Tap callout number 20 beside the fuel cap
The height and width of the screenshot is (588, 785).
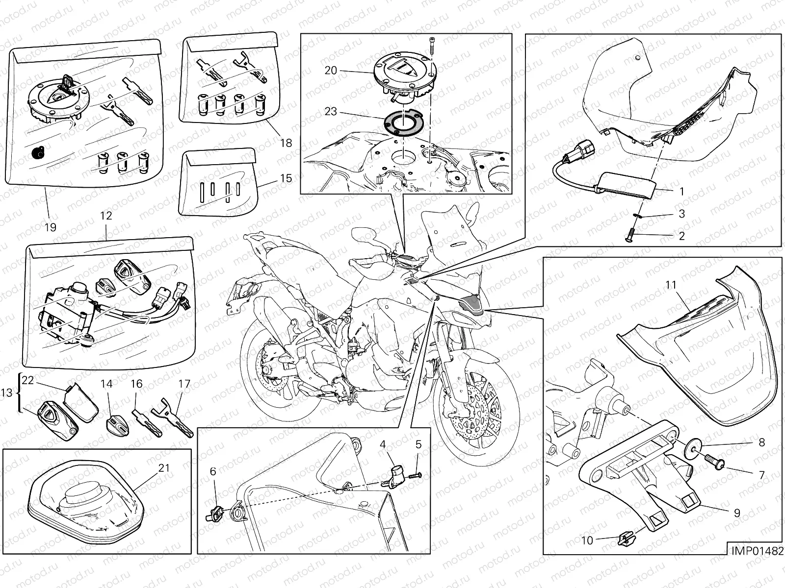click(x=331, y=71)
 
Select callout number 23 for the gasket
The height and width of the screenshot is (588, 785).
click(x=331, y=111)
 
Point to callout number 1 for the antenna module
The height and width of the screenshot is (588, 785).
click(x=681, y=192)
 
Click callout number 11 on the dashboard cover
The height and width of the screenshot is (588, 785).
click(x=671, y=285)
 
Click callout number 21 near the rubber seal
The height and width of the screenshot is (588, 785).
click(x=164, y=467)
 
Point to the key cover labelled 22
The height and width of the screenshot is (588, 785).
click(x=80, y=406)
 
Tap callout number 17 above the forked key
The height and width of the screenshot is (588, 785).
click(x=184, y=384)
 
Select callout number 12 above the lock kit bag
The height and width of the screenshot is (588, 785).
click(x=106, y=216)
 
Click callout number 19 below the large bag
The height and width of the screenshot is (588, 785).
click(x=51, y=227)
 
